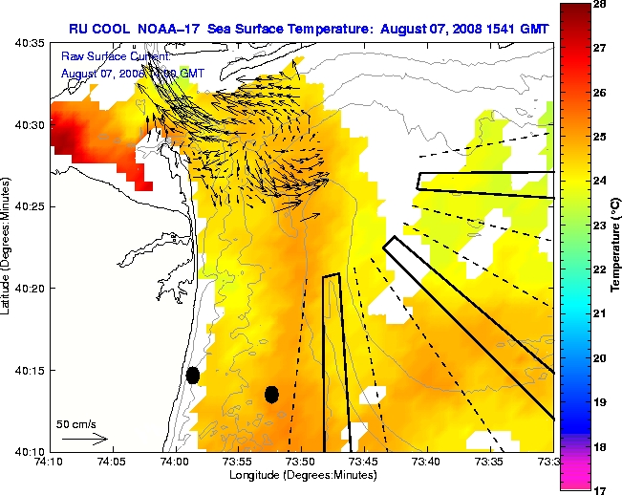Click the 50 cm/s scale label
click(x=75, y=423)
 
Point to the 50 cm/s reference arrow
click(x=85, y=439)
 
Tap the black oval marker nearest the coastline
click(x=192, y=375)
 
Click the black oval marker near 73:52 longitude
click(x=271, y=394)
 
